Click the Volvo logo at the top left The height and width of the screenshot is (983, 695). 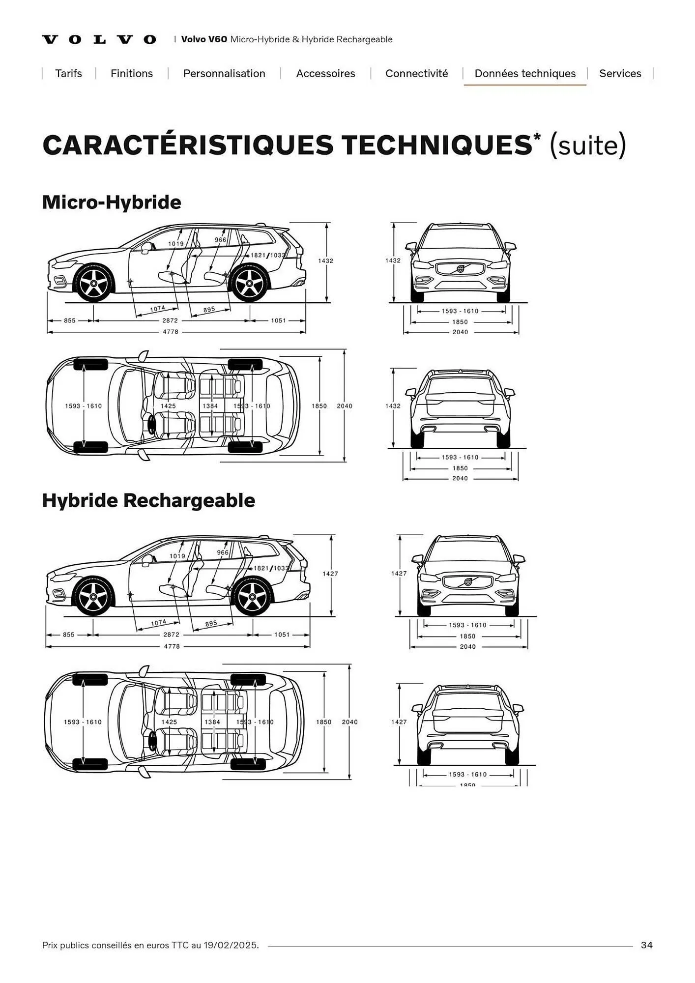pyautogui.click(x=99, y=40)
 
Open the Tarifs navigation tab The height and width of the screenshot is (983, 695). pyautogui.click(x=68, y=74)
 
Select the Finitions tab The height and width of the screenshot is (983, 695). pyautogui.click(x=131, y=74)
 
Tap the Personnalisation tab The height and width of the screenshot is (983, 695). pyautogui.click(x=224, y=74)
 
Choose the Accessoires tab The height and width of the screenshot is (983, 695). pyautogui.click(x=325, y=74)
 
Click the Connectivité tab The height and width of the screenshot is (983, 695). pyautogui.click(x=416, y=74)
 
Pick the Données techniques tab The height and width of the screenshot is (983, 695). pyautogui.click(x=525, y=74)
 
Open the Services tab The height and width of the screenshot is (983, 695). pyautogui.click(x=620, y=74)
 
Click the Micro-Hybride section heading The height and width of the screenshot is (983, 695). pyautogui.click(x=112, y=202)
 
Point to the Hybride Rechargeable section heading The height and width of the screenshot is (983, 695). pyautogui.click(x=148, y=500)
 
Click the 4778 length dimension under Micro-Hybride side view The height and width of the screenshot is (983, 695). pyautogui.click(x=171, y=332)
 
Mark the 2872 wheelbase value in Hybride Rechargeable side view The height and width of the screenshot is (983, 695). pyautogui.click(x=171, y=635)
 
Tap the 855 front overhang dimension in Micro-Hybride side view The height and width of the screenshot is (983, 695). pyautogui.click(x=70, y=321)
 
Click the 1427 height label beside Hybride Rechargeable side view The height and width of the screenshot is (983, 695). pyautogui.click(x=330, y=574)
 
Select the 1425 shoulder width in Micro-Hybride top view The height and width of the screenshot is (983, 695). pyautogui.click(x=168, y=406)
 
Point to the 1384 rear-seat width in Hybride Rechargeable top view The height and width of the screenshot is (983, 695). pyautogui.click(x=212, y=722)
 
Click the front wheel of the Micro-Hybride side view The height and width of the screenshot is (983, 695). pyautogui.click(x=93, y=283)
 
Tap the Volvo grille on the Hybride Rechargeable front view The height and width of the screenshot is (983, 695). pyautogui.click(x=467, y=582)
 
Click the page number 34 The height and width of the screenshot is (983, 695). pyautogui.click(x=646, y=945)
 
